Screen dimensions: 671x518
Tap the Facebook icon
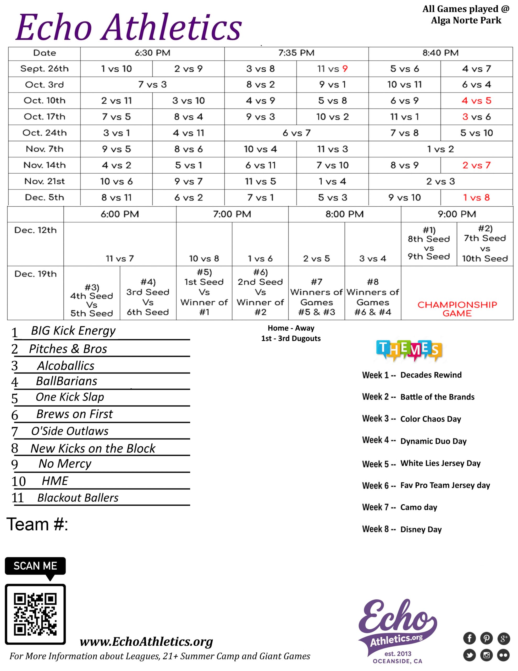pos(469,638)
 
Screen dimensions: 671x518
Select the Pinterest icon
pos(486,638)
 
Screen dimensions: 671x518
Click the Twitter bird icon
pos(469,655)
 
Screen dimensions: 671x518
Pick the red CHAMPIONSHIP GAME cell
pos(457,309)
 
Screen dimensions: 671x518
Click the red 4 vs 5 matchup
pos(476,100)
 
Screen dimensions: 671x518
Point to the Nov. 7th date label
pos(45,149)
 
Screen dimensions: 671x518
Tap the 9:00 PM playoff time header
pos(457,214)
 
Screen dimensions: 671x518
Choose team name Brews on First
pos(75,414)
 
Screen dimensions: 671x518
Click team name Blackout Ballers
pos(78,497)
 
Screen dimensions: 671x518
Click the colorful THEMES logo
pos(409,350)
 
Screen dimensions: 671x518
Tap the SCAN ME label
pos(35,566)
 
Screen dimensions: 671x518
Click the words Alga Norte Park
pos(466,20)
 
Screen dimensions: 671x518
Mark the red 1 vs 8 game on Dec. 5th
pos(476,198)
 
